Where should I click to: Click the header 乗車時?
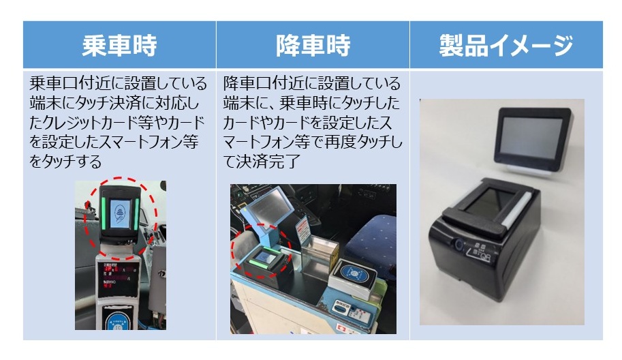[119, 45]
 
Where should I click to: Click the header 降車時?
[313, 45]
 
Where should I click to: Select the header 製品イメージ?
[506, 45]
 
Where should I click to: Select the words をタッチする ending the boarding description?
[66, 162]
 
